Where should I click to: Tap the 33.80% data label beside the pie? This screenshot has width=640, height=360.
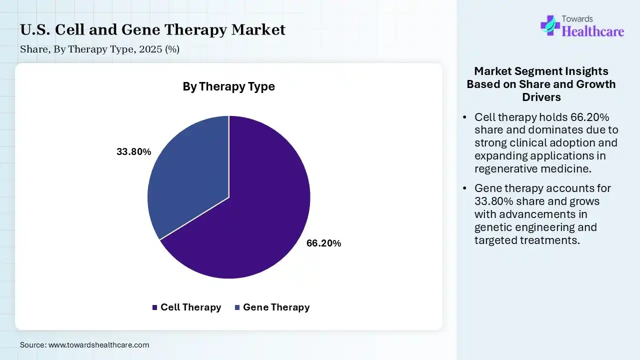[133, 151]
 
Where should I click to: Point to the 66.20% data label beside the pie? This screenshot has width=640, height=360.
[323, 243]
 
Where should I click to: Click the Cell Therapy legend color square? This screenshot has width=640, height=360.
[154, 307]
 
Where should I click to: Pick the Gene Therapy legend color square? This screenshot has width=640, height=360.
[237, 307]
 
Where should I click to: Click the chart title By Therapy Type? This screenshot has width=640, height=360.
[229, 86]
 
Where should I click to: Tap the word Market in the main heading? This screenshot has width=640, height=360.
[258, 29]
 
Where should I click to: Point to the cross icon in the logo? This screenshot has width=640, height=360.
[550, 25]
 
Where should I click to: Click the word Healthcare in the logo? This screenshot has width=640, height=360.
[593, 31]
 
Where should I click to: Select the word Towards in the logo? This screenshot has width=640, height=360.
[577, 19]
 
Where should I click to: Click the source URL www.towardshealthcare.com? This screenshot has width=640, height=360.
[99, 345]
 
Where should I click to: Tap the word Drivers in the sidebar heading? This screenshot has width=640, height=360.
[541, 97]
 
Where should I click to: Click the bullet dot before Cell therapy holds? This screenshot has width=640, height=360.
[465, 117]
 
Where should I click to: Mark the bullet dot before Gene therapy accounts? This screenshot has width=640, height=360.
[465, 188]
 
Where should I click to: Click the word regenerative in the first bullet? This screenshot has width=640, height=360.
[505, 169]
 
